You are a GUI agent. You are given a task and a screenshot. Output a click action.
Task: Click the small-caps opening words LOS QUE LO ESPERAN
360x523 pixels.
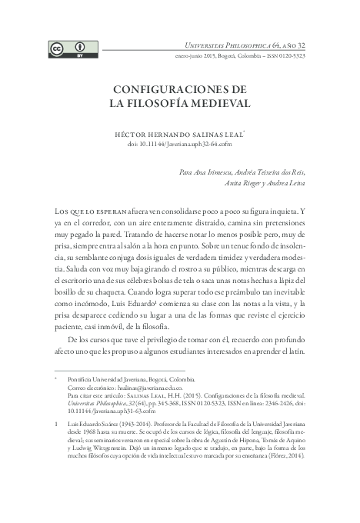[78, 211]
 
